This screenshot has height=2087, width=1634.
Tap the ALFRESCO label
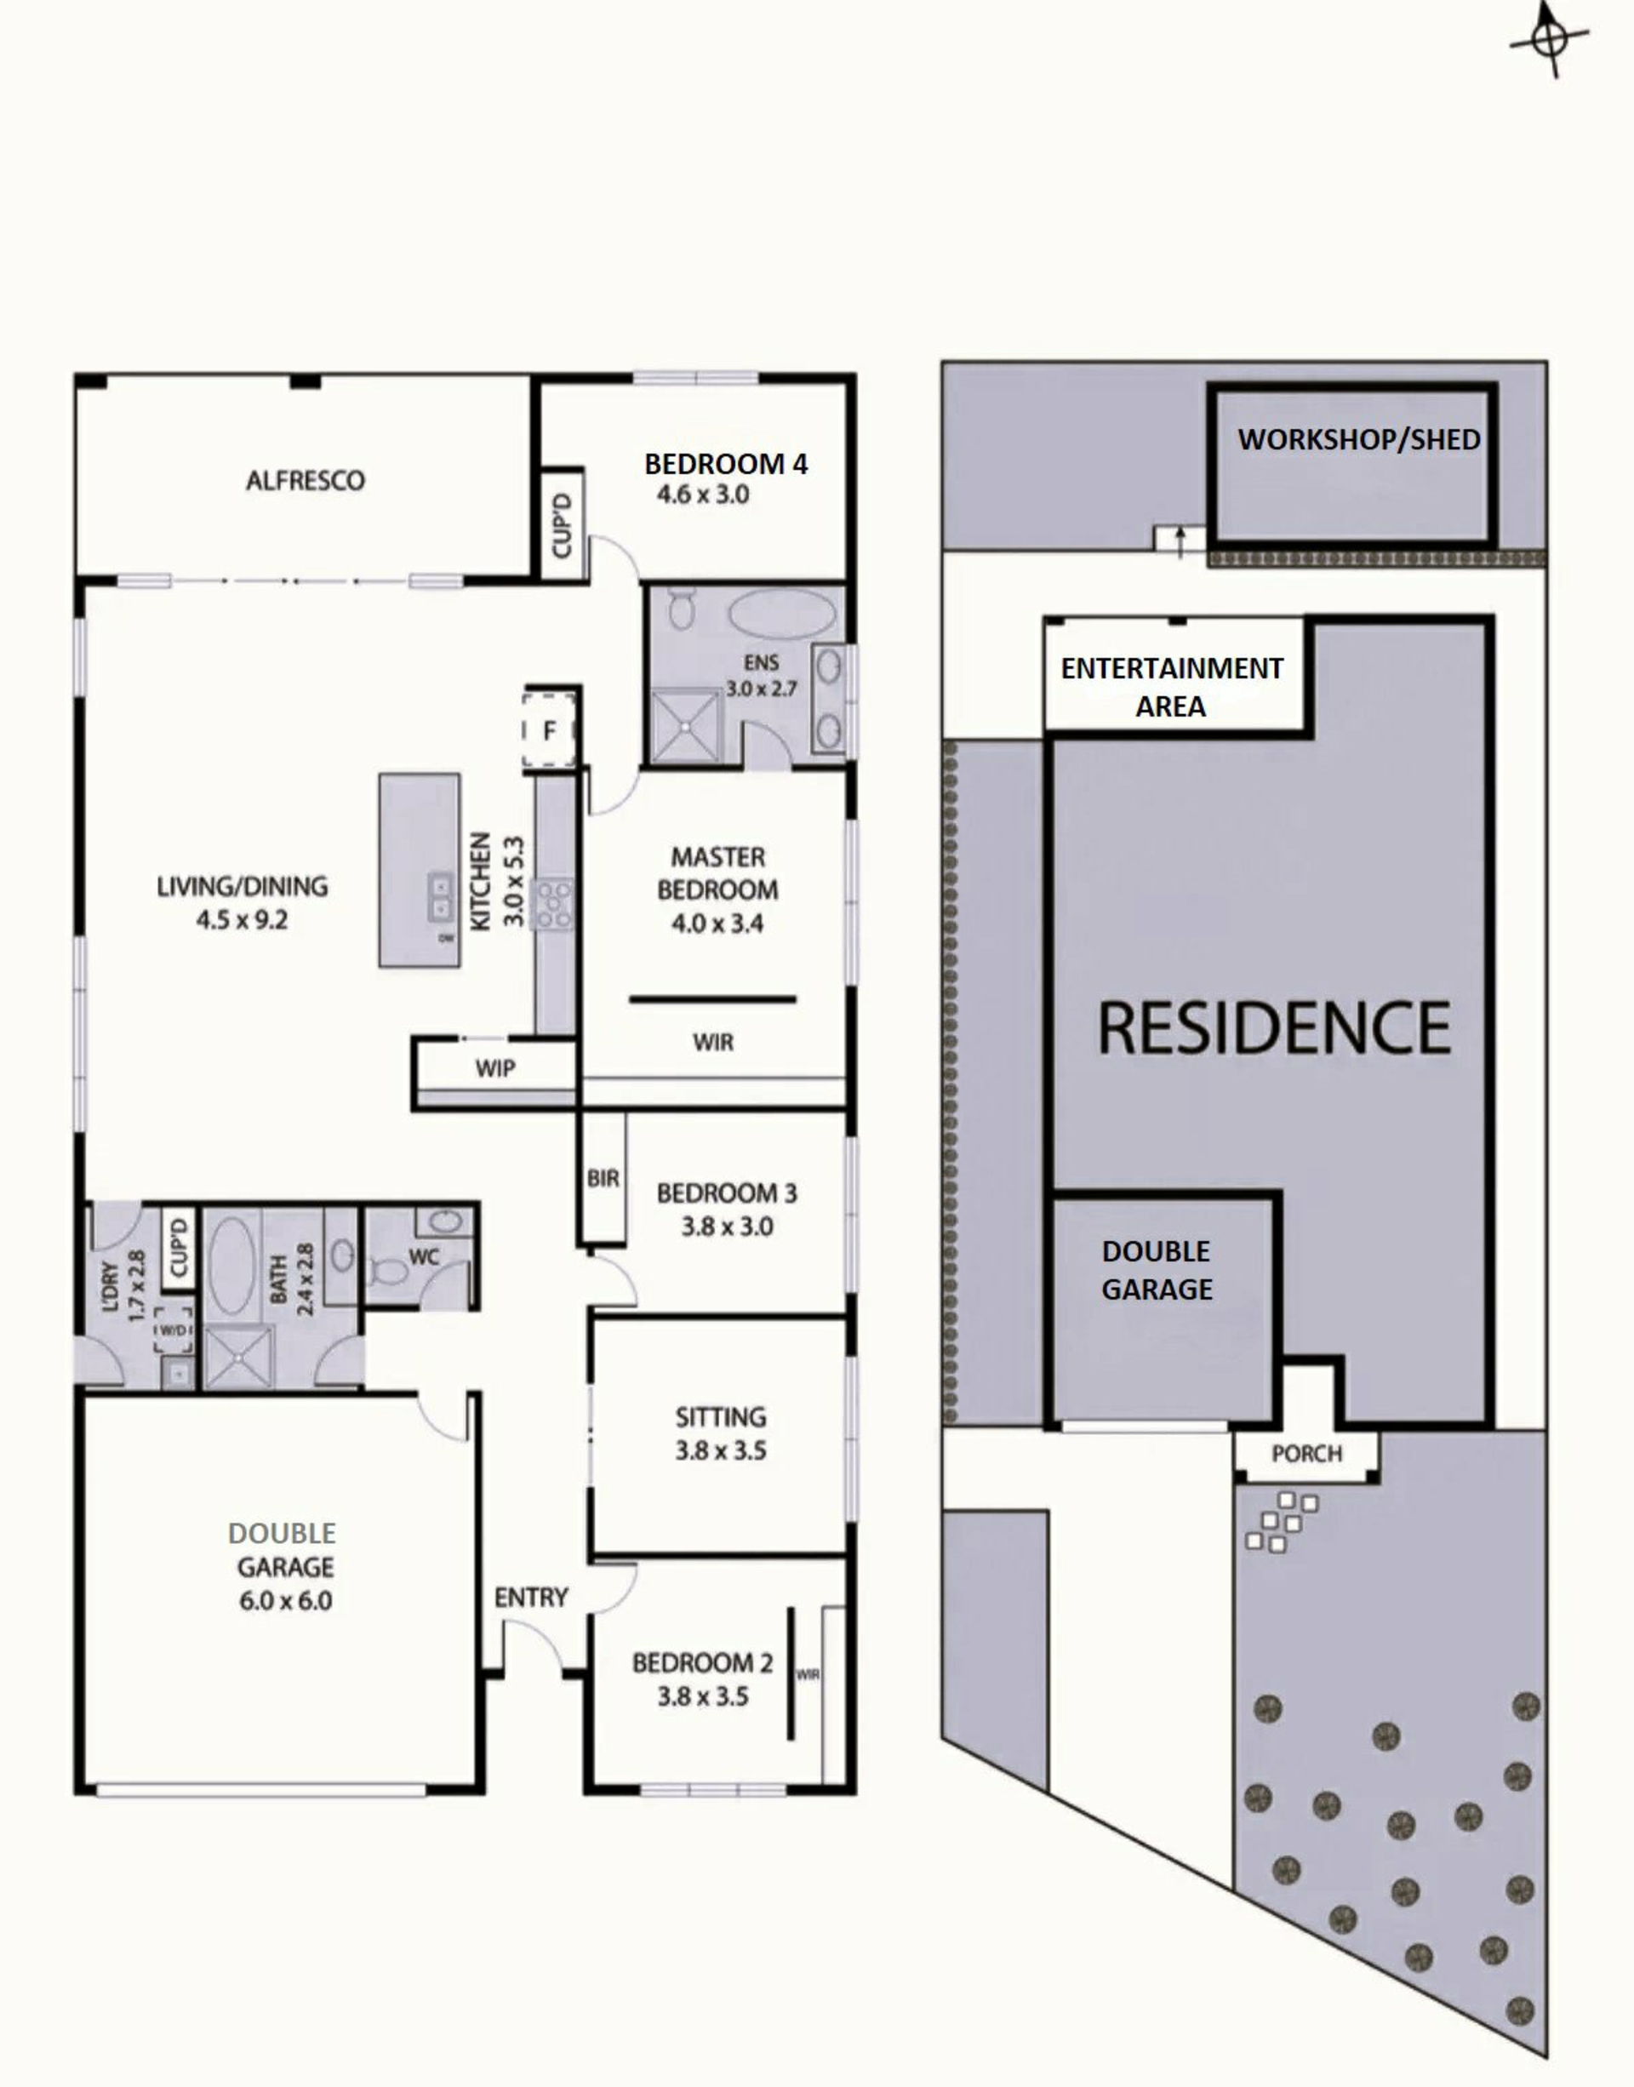point(306,480)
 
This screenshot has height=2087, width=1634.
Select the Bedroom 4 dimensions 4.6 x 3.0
point(703,495)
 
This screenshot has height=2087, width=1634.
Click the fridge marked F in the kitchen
point(549,731)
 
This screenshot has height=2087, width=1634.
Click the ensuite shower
point(686,726)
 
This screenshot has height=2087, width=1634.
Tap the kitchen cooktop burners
point(554,903)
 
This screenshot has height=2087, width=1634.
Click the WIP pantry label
point(495,1069)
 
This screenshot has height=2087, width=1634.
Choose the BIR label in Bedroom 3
point(603,1179)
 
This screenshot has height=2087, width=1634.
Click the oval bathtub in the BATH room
point(231,1265)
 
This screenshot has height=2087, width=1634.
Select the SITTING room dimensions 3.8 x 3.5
point(720,1450)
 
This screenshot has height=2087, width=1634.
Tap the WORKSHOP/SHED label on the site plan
point(1358,439)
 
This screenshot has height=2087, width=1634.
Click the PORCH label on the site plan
point(1307,1454)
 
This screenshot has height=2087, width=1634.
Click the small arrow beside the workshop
point(1180,540)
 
